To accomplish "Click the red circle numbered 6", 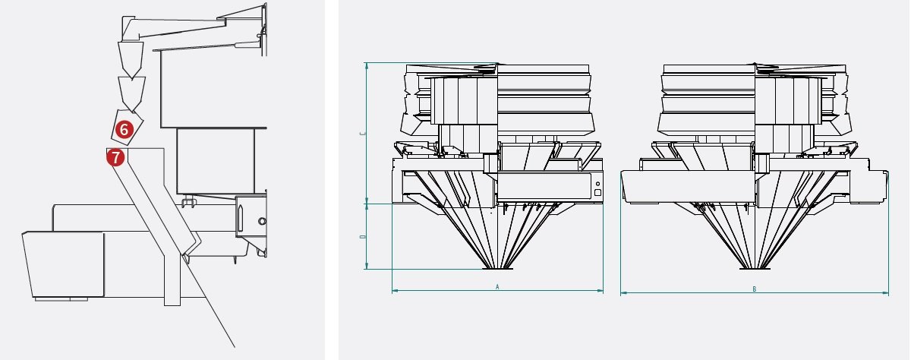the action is tap(124, 130).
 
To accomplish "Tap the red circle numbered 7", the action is tap(115, 157).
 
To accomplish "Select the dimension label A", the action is tap(497, 287).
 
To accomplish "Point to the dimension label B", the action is tap(754, 289).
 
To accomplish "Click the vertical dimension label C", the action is tap(363, 134).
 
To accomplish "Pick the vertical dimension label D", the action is tap(363, 236).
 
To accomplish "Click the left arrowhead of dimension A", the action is tap(395, 291).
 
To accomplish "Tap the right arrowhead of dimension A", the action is tap(600, 291).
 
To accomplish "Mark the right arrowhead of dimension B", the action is tap(885, 293).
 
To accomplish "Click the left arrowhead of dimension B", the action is tap(624, 293).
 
